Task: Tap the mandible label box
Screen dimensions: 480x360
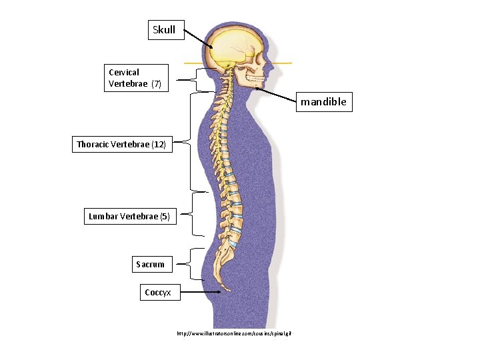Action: [x=323, y=103]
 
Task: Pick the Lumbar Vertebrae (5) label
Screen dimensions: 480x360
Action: [x=129, y=216]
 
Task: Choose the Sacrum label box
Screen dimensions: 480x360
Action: [x=150, y=265]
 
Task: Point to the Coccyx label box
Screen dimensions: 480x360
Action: [x=159, y=292]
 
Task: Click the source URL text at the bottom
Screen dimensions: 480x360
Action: [x=234, y=333]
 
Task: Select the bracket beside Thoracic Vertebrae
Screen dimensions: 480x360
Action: [x=191, y=141]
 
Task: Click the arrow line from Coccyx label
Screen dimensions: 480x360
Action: [x=201, y=292]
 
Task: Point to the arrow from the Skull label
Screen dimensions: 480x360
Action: [x=199, y=39]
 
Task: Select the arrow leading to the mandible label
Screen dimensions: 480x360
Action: [x=276, y=95]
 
